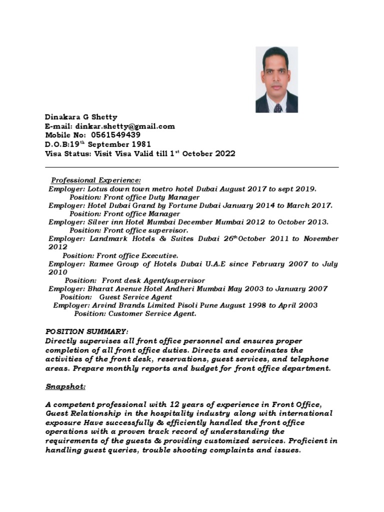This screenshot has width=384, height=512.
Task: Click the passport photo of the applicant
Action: coord(276,79)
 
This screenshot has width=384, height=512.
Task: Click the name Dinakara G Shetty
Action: coord(81,117)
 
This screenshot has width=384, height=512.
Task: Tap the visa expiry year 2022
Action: coord(225,154)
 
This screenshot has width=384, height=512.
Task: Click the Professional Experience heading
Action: coord(96,180)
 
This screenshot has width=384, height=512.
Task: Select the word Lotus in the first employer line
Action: coord(97,189)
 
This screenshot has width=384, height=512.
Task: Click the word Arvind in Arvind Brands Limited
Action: coord(103,305)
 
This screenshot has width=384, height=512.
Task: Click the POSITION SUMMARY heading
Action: coord(87,332)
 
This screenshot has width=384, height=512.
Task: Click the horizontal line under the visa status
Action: coord(192,167)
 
